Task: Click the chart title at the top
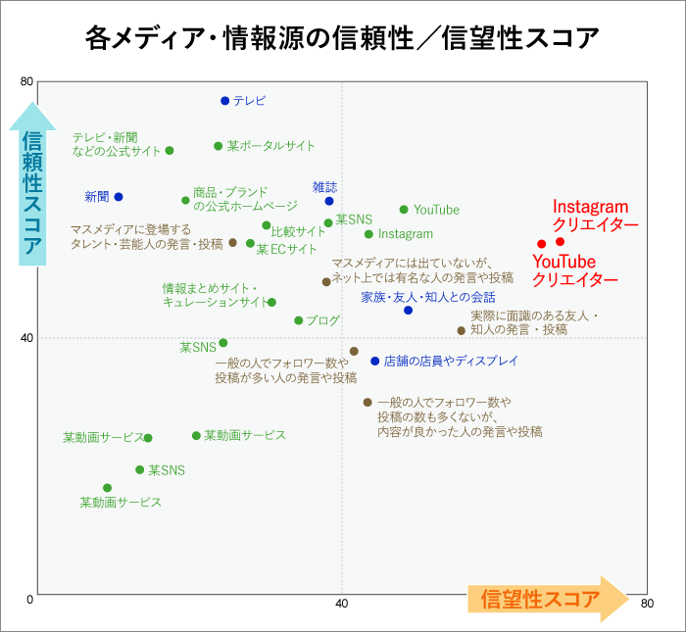pyautogui.click(x=342, y=38)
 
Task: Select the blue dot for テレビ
pyautogui.click(x=224, y=101)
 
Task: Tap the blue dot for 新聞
pyautogui.click(x=119, y=197)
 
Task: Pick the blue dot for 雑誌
pyautogui.click(x=329, y=201)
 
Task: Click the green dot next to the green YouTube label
pyautogui.click(x=404, y=210)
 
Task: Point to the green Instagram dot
pyautogui.click(x=368, y=234)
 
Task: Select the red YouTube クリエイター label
pyautogui.click(x=575, y=270)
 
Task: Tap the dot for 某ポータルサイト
pyautogui.click(x=219, y=146)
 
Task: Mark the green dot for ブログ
pyautogui.click(x=299, y=320)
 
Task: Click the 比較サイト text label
pyautogui.click(x=298, y=232)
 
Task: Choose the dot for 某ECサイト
pyautogui.click(x=250, y=243)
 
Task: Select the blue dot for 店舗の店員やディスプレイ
pyautogui.click(x=374, y=361)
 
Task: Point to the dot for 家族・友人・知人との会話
pyautogui.click(x=409, y=311)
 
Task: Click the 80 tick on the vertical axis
pyautogui.click(x=26, y=81)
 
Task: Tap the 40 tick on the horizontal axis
pyautogui.click(x=342, y=605)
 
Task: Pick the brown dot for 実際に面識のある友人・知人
pyautogui.click(x=462, y=330)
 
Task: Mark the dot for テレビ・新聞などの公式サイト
pyautogui.click(x=170, y=151)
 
